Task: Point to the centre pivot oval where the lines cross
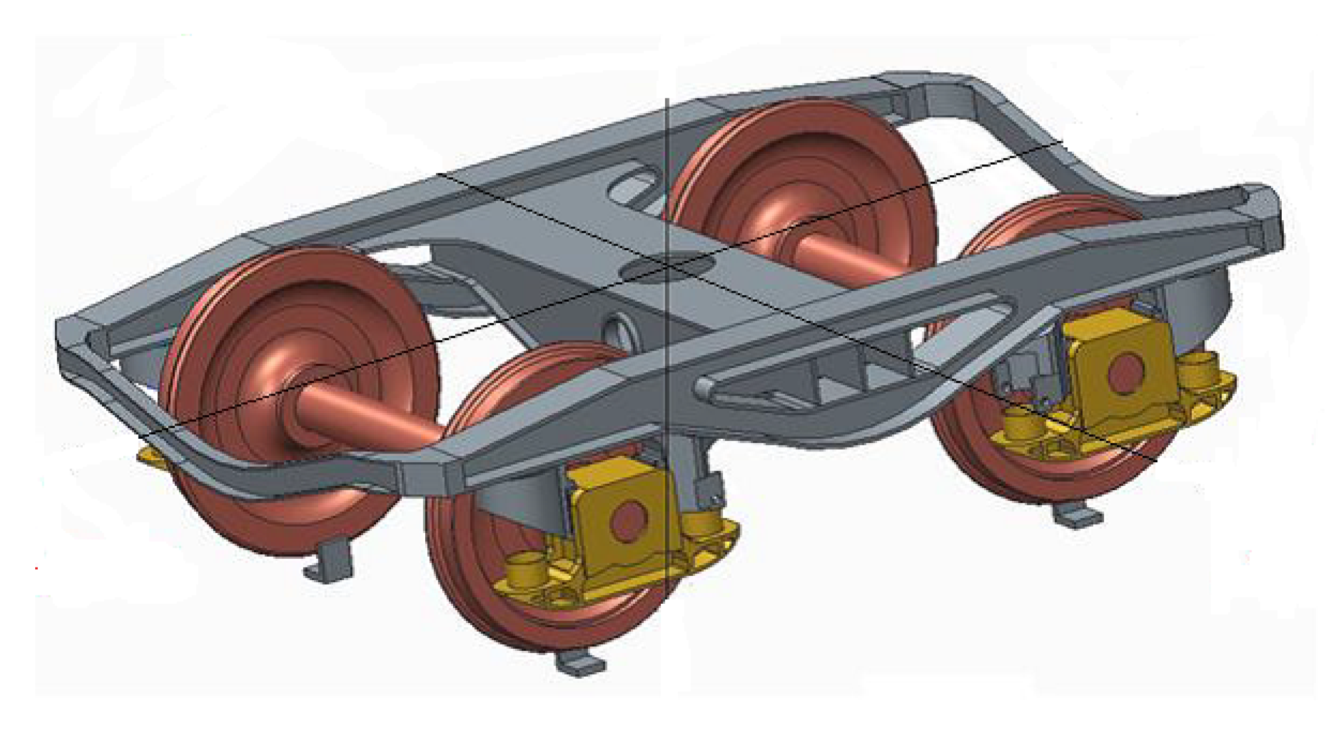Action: [x=667, y=266]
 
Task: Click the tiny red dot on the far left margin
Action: [x=36, y=568]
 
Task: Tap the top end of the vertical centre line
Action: [x=667, y=100]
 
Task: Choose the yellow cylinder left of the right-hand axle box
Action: [x=1020, y=423]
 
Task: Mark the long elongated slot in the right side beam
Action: [x=851, y=343]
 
